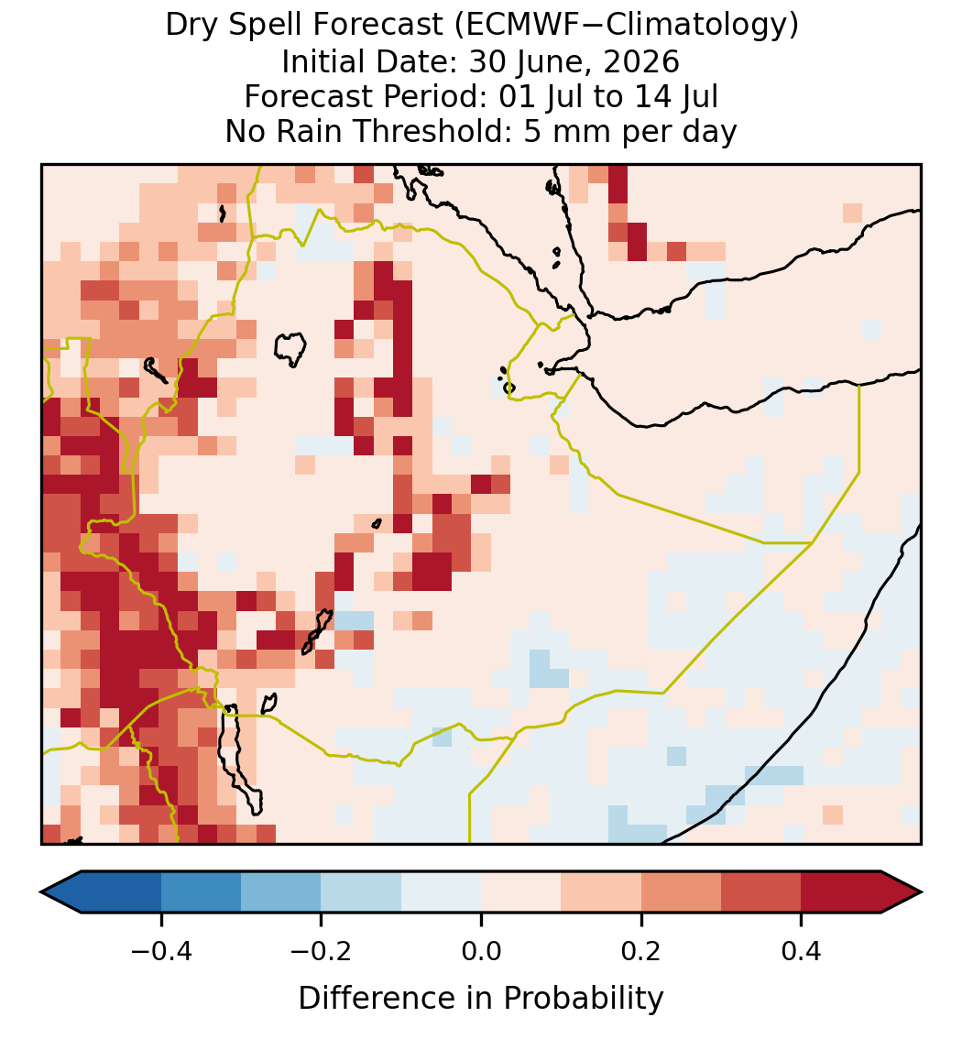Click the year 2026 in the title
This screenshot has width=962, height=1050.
coord(641,61)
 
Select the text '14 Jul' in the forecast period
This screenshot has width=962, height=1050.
coord(674,96)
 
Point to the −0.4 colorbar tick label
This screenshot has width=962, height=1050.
coord(160,951)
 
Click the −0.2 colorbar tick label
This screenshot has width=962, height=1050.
coord(321,951)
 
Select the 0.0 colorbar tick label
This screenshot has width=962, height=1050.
coord(481,951)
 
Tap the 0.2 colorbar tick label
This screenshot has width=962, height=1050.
coord(641,951)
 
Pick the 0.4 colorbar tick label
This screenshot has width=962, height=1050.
coord(802,951)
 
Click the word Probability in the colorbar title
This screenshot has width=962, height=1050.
coord(583,999)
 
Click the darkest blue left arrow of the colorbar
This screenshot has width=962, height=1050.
coord(60,892)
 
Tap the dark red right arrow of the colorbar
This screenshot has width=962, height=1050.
coord(902,892)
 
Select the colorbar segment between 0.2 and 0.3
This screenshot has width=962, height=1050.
coord(681,892)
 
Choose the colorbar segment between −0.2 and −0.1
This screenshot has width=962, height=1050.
coord(361,892)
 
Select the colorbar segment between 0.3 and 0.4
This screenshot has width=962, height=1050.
coord(761,892)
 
